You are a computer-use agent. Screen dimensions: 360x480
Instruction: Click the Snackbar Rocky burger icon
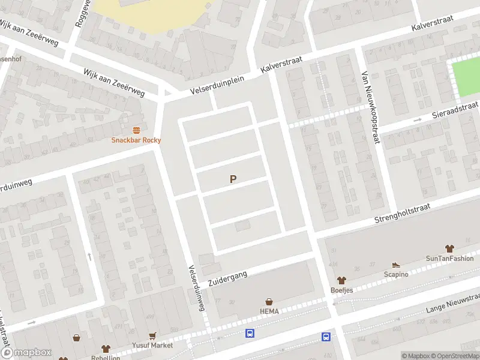coord(136,130)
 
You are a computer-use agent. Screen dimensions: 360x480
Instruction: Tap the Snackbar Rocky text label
coord(136,140)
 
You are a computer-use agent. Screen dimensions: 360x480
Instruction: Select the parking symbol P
coord(233,179)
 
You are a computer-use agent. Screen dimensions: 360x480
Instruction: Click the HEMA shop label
coord(269,311)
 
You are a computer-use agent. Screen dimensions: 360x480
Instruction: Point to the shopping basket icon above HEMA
coord(269,302)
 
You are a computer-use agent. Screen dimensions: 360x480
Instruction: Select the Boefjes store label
coord(342,289)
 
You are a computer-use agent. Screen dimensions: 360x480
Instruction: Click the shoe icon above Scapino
coord(395,265)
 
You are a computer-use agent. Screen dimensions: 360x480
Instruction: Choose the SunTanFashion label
coord(449,259)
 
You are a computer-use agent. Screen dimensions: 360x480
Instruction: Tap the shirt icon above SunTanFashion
coord(449,248)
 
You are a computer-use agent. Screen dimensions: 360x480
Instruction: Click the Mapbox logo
coord(26,353)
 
